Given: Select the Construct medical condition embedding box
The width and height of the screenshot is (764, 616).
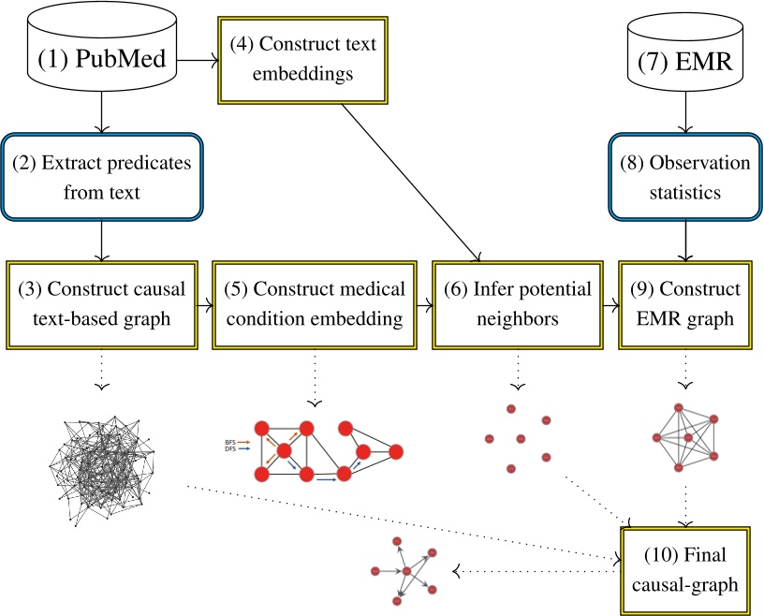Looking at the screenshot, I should (314, 304).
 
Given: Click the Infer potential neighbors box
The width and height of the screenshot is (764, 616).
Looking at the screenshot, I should (516, 304).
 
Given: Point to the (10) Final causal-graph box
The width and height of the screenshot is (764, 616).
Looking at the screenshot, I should (690, 569).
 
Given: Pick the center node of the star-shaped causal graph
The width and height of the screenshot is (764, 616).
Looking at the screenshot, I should (407, 570).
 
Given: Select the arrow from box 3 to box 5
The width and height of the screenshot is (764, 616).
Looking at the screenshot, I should (203, 304).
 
